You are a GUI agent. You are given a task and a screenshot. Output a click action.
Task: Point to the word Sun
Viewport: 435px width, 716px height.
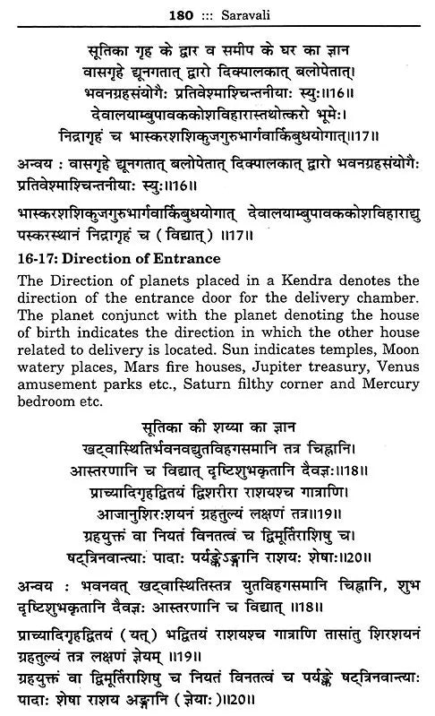pos(266,347)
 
